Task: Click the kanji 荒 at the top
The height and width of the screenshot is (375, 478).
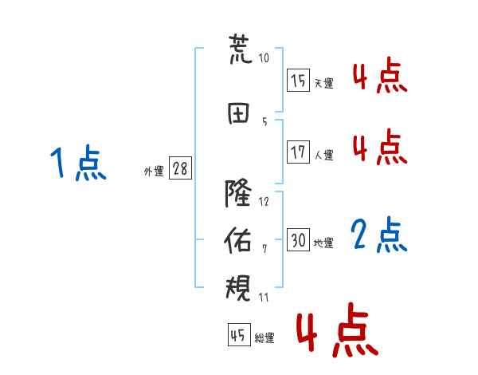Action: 241,49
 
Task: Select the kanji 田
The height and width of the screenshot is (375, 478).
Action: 238,113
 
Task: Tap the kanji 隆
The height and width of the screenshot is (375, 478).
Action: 238,193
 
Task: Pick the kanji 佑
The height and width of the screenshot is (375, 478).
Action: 237,240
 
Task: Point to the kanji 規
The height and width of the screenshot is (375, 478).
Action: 238,288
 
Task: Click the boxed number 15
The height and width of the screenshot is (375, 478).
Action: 298,80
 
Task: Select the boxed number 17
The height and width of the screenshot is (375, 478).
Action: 298,152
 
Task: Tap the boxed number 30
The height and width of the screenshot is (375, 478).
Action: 298,239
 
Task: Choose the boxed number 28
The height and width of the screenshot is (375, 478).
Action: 180,168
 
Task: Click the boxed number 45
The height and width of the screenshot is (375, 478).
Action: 239,334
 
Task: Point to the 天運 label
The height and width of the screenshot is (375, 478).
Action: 324,83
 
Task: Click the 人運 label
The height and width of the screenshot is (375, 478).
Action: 324,155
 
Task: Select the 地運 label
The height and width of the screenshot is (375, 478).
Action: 323,243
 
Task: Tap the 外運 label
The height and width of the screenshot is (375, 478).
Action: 154,172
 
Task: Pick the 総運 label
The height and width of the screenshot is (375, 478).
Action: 264,338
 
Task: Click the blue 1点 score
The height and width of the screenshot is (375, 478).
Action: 78,163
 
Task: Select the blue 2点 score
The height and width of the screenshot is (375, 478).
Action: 379,235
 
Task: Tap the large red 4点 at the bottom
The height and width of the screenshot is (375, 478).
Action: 338,330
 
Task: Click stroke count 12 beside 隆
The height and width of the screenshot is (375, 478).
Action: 264,202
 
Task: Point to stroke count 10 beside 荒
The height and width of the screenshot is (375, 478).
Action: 264,57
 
